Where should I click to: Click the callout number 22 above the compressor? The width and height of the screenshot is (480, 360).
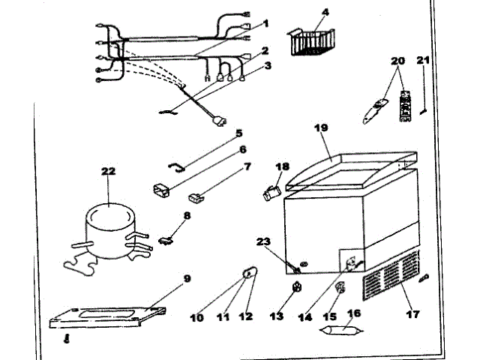tap(109, 172)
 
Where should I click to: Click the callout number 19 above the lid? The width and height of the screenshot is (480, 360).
tap(320, 128)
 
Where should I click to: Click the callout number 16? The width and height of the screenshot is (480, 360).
tap(353, 313)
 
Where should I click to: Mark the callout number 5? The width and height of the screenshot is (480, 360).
tap(239, 133)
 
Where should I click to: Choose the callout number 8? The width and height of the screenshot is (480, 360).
tap(187, 216)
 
